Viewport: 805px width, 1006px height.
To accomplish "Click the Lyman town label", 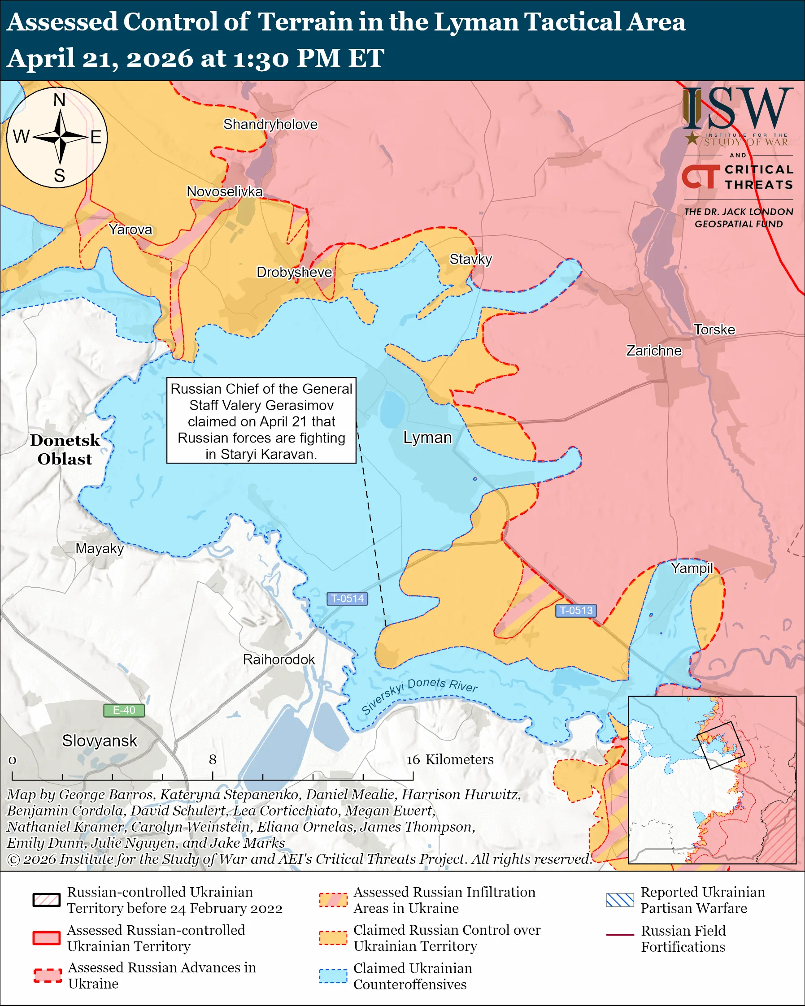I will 427,438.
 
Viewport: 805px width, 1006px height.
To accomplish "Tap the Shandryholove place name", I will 270,125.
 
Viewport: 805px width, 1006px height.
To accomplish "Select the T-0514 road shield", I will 347,598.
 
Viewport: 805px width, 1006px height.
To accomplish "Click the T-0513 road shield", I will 576,610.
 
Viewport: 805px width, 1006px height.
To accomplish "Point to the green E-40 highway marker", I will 124,710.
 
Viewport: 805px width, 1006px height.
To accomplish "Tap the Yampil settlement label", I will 692,568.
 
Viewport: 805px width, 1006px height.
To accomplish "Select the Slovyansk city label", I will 100,741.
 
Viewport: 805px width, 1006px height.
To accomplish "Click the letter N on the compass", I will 59,100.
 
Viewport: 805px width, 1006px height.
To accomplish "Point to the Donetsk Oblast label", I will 65,449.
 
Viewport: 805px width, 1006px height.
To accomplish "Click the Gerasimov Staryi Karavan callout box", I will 261,421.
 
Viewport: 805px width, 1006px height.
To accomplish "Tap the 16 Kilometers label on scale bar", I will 450,759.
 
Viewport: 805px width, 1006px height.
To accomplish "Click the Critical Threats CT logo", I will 701,177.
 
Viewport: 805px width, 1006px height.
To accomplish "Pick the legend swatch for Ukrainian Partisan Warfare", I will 620,900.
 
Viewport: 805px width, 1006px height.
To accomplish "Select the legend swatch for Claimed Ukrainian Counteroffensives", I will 333,976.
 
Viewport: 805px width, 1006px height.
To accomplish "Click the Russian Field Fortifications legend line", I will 620,935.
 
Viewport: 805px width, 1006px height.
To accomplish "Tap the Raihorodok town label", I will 278,659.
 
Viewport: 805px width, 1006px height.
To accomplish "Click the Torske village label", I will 714,330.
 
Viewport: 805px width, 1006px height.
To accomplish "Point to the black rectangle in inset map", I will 720,745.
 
